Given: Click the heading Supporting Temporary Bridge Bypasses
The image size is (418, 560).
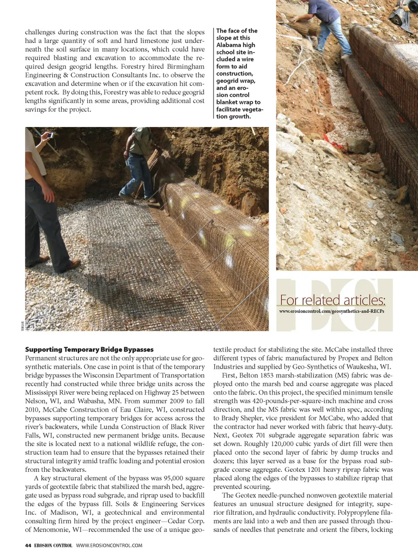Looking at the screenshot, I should pos(89,350).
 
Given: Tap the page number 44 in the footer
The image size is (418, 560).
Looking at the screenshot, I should pos(28,545).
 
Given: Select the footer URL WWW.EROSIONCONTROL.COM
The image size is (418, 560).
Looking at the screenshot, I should pos(109,545).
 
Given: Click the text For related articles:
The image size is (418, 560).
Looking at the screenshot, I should pos(332,300).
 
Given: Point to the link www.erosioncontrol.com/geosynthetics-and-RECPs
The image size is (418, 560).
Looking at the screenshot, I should pos(331,311).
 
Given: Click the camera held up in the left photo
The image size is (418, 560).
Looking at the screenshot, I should pos(50,135).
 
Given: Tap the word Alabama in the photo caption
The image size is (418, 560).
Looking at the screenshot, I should pos(229,45).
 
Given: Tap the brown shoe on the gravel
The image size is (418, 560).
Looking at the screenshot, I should pos(74,263).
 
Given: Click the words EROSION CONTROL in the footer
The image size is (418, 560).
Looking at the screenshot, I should pos(53,545).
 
